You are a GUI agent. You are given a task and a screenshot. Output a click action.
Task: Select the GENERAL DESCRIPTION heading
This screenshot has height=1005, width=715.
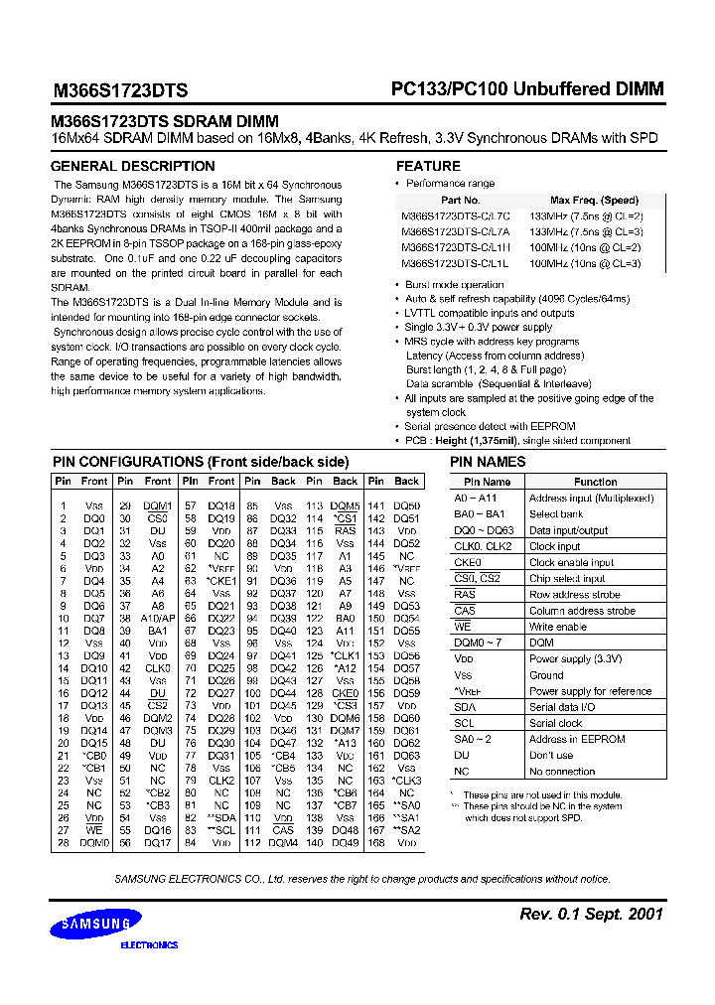click(x=132, y=166)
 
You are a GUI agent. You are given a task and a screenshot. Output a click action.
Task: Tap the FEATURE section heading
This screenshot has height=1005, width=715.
click(x=428, y=166)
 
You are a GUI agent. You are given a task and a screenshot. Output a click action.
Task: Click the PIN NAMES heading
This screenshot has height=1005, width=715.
click(x=488, y=462)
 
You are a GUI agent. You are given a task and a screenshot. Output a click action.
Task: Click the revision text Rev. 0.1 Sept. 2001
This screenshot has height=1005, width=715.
click(x=591, y=914)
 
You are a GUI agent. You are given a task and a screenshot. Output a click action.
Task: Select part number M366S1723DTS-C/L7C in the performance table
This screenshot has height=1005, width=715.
click(x=455, y=215)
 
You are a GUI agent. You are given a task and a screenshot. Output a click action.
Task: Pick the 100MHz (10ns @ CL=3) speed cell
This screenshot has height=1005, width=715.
click(x=585, y=263)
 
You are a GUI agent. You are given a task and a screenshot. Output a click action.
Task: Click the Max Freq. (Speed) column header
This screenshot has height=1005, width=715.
click(x=594, y=200)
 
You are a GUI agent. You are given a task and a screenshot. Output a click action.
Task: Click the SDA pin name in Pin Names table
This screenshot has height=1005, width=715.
click(x=464, y=707)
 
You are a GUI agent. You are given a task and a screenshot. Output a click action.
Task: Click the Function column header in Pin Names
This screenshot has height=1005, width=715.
click(x=596, y=482)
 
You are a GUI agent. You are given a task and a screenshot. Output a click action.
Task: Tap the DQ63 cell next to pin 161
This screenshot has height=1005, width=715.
click(x=407, y=755)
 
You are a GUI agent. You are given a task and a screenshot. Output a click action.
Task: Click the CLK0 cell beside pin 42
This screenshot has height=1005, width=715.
click(x=158, y=669)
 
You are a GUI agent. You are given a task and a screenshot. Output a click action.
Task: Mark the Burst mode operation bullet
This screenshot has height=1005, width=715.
click(x=455, y=285)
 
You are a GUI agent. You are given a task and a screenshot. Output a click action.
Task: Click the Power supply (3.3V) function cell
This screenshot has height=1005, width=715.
click(x=576, y=658)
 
